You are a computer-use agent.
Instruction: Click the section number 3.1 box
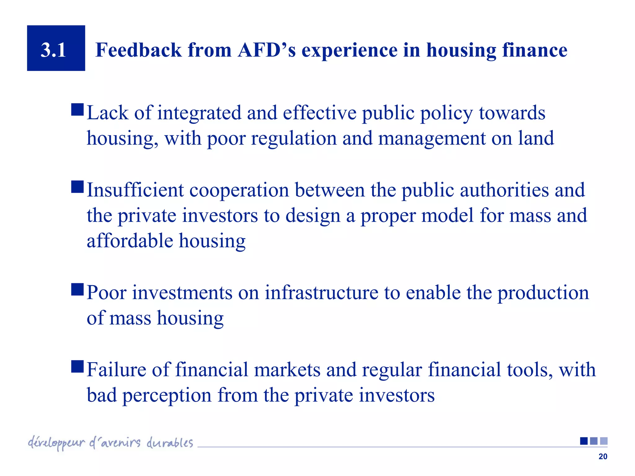click(x=56, y=48)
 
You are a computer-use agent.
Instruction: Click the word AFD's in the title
click(x=267, y=50)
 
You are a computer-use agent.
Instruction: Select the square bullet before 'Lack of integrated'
click(x=77, y=110)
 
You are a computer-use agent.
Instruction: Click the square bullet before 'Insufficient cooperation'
click(x=77, y=187)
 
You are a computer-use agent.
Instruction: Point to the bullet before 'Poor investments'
click(x=77, y=289)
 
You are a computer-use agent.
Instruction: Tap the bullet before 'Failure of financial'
click(x=77, y=366)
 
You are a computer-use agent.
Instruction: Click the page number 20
click(x=603, y=456)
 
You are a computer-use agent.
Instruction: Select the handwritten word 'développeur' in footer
click(x=56, y=443)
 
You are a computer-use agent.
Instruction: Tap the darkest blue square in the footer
click(x=584, y=441)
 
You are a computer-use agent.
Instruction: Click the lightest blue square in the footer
click(x=604, y=441)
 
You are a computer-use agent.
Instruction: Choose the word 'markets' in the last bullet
click(x=287, y=369)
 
